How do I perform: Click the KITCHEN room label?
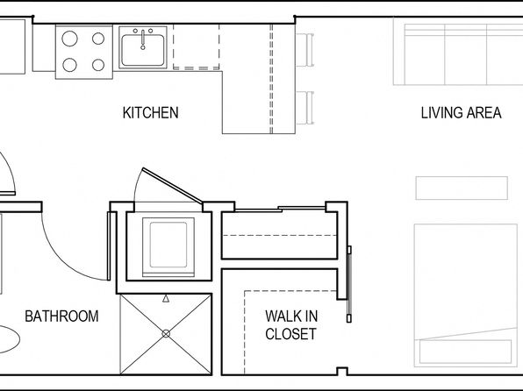click(x=150, y=113)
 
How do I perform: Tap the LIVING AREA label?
click(x=461, y=113)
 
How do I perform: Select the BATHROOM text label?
click(x=61, y=316)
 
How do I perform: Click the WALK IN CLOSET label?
click(x=291, y=325)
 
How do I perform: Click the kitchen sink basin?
click(x=143, y=51)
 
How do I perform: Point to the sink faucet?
click(x=143, y=39)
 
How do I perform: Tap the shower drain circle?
click(x=166, y=333)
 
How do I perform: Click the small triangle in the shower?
click(x=166, y=299)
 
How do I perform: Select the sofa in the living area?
click(x=458, y=52)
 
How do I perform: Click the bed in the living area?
click(x=466, y=295)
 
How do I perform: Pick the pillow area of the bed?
click(x=466, y=352)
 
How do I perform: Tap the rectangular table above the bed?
click(x=462, y=188)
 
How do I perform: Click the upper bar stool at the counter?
click(x=305, y=50)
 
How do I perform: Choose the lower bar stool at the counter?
click(x=305, y=107)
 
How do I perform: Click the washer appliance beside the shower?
click(x=168, y=247)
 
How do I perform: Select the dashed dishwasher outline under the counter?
click(x=197, y=46)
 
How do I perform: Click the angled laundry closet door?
click(x=172, y=185)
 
